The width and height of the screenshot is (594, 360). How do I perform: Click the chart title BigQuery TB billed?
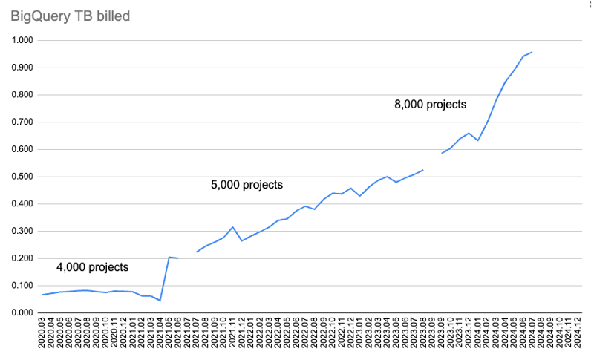[68, 16]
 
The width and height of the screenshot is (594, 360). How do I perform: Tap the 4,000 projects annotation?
[93, 267]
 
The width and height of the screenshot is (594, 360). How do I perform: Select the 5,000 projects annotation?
[247, 185]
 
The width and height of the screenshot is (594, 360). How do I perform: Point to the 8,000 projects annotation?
[430, 105]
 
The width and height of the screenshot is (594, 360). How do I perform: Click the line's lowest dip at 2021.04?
[160, 301]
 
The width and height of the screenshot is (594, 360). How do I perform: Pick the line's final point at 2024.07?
[532, 52]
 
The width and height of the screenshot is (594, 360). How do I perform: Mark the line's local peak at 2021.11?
[232, 227]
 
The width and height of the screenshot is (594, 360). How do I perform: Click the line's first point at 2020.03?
[43, 295]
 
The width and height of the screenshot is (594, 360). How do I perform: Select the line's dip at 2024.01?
[477, 140]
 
